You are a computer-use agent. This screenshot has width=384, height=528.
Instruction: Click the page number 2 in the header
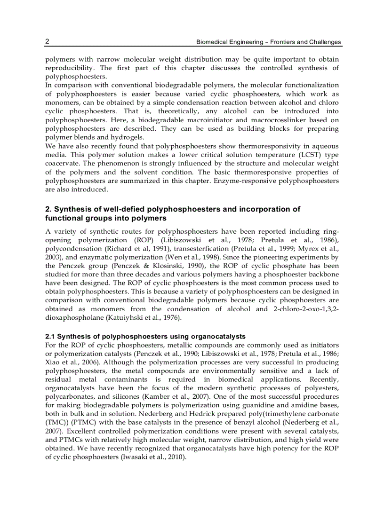(x=47, y=41)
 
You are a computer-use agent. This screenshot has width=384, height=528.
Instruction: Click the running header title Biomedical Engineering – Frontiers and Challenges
(x=268, y=42)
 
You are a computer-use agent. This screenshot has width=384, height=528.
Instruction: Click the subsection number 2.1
(x=50, y=336)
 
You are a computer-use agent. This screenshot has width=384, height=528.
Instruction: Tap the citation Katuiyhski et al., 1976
(x=149, y=318)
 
